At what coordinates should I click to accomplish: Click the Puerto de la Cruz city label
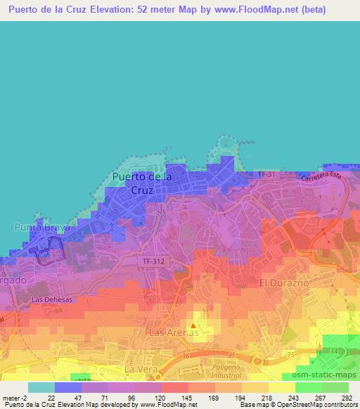[x=142, y=183]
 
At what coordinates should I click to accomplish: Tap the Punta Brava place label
[x=43, y=227]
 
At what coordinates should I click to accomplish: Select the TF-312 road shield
[x=151, y=261]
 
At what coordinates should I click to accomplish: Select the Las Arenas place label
[x=172, y=331]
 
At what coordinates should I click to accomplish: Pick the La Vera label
[x=139, y=369]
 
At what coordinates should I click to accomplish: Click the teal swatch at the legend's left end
[x=41, y=387]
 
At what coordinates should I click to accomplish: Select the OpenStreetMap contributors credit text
[x=316, y=405]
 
